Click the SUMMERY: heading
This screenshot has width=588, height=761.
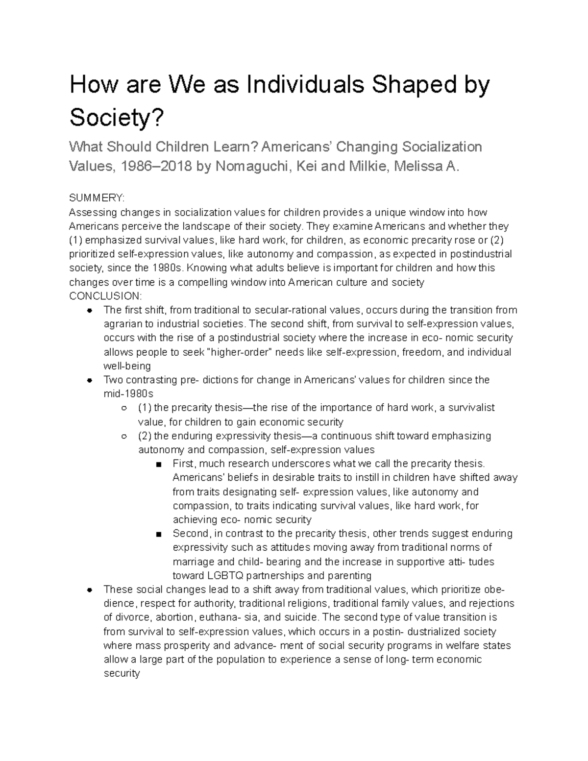(x=97, y=198)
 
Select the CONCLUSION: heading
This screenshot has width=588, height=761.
(x=105, y=296)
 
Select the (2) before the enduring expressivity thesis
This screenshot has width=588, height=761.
(x=145, y=436)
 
